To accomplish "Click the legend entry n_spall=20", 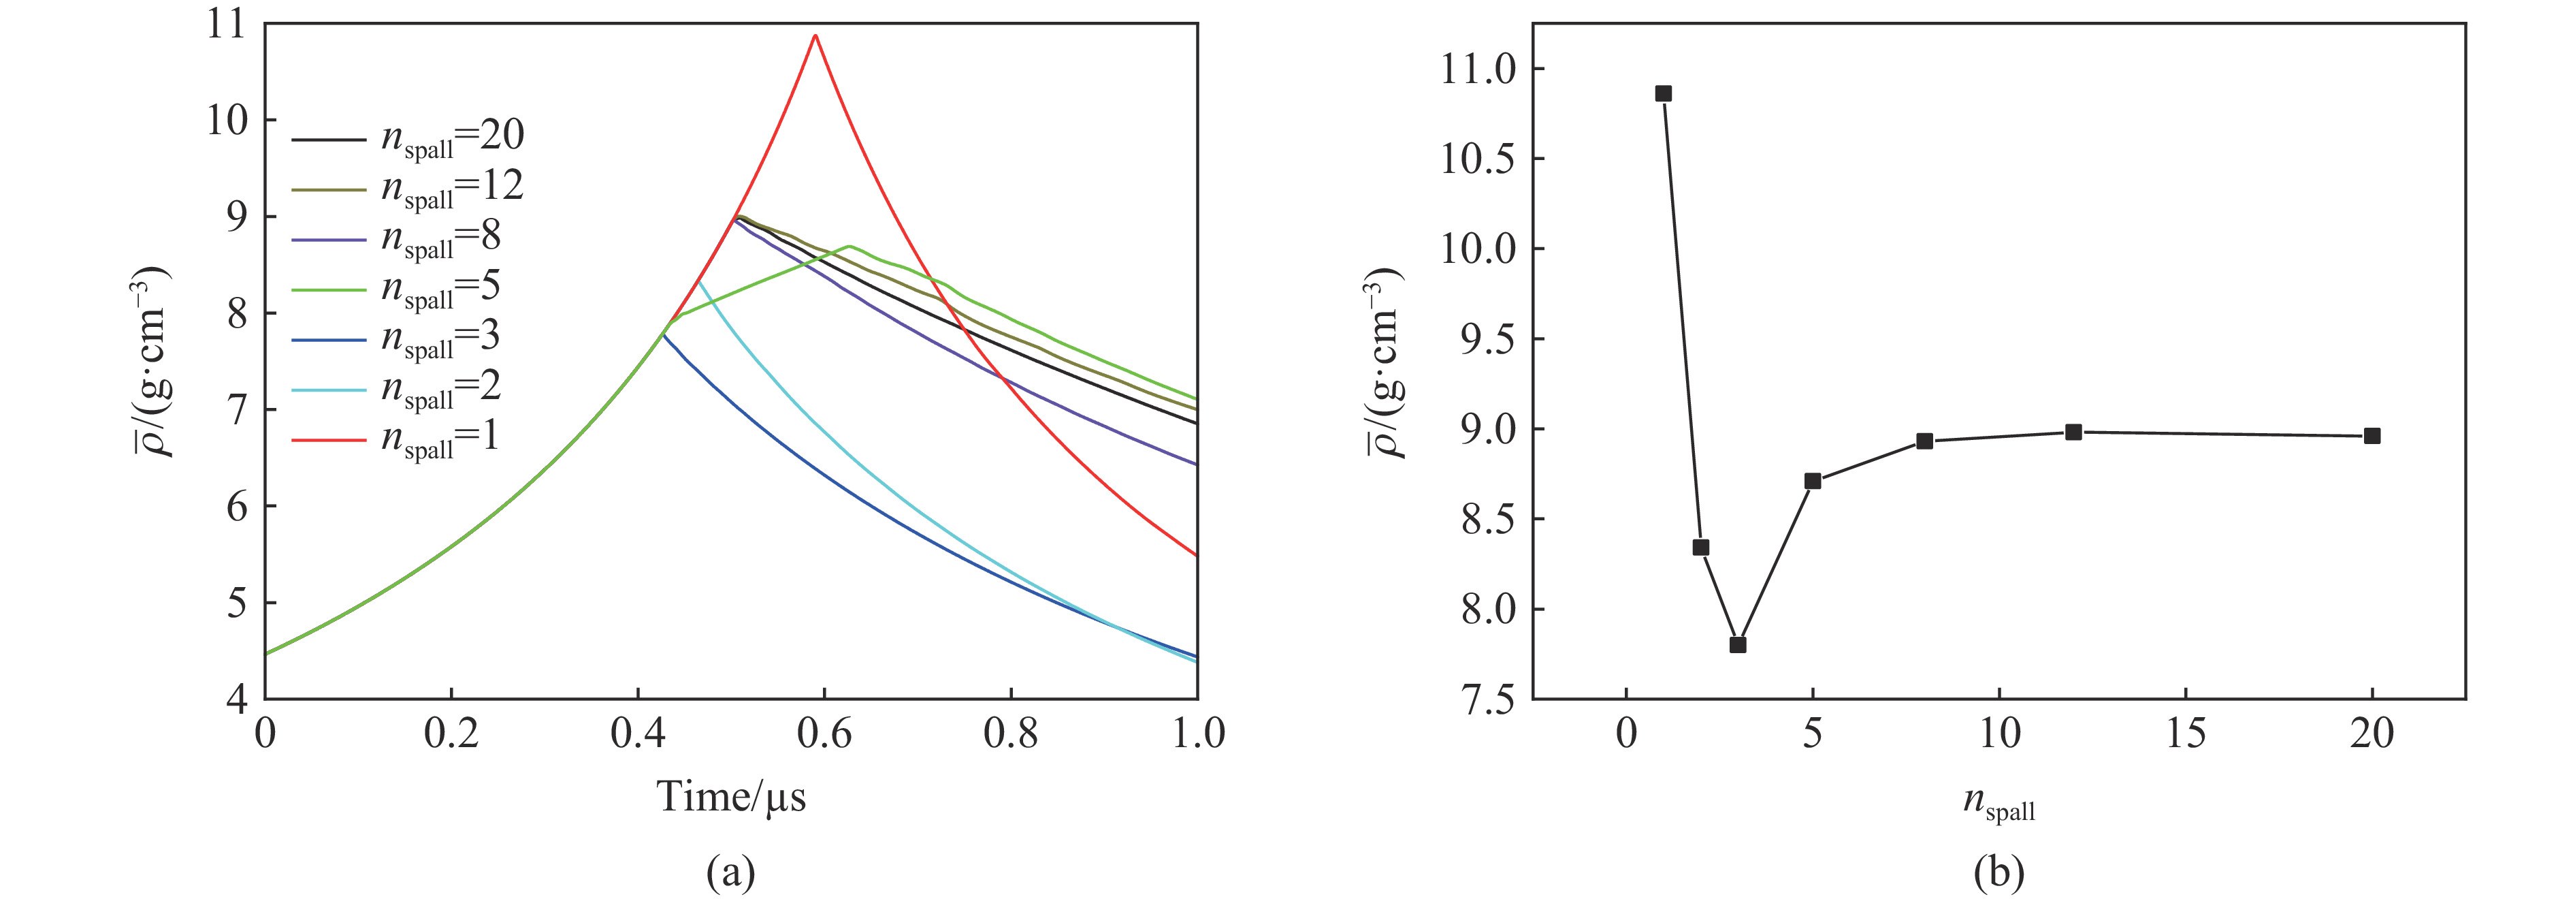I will pyautogui.click(x=408, y=138).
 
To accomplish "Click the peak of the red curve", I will pyautogui.click(x=815, y=36).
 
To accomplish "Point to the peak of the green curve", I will pyautogui.click(x=849, y=246).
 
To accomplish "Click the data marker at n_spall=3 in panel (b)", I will pyautogui.click(x=1738, y=644).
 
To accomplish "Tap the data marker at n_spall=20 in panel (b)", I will pyautogui.click(x=2372, y=435).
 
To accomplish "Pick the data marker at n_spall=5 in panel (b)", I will pyautogui.click(x=1813, y=480).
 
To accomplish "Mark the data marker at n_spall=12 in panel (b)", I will pyautogui.click(x=2073, y=432).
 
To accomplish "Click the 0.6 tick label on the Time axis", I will pyautogui.click(x=824, y=734).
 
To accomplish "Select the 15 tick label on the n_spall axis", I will pyautogui.click(x=2186, y=734).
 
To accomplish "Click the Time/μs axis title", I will pyautogui.click(x=730, y=797).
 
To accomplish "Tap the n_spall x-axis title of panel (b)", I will pyautogui.click(x=1998, y=803).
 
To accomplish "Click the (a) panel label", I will pyautogui.click(x=730, y=872).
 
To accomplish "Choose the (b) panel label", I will pyautogui.click(x=1998, y=872).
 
